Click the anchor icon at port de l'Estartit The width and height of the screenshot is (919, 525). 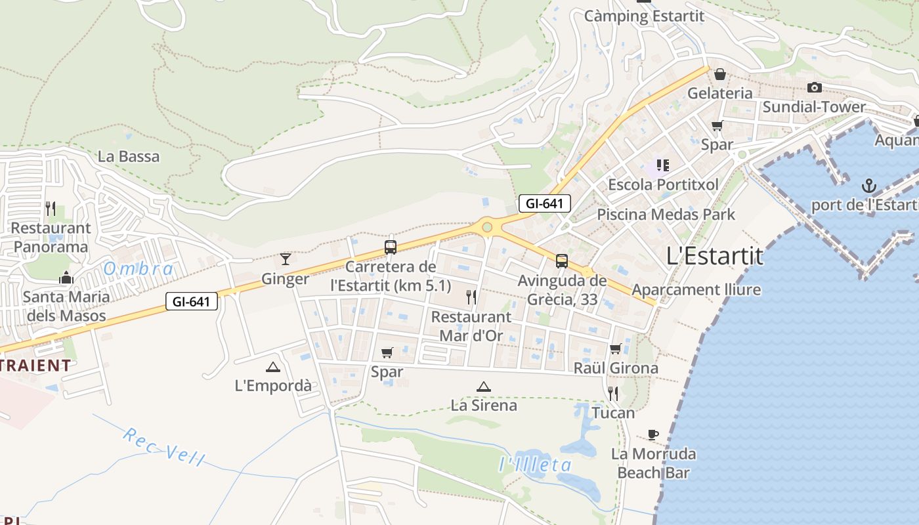(x=869, y=186)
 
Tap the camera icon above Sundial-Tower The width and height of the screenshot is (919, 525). (x=814, y=87)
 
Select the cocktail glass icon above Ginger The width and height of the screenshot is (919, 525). (x=286, y=259)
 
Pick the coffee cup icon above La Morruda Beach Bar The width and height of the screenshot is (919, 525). (x=652, y=434)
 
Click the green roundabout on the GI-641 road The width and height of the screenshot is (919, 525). (x=487, y=227)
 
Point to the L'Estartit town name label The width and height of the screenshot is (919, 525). (x=715, y=256)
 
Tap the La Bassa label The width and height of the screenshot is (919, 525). (x=129, y=156)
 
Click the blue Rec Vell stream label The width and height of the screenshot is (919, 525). (x=163, y=447)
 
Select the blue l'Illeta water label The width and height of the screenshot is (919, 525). (x=535, y=465)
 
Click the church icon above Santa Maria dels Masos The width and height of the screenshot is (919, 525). (x=66, y=278)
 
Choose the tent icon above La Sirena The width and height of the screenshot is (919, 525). (x=484, y=387)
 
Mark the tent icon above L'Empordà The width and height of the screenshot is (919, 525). (x=273, y=367)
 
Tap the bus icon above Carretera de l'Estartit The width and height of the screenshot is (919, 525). (x=391, y=247)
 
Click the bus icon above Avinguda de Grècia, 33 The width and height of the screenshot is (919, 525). (x=562, y=261)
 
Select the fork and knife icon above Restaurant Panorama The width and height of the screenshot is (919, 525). (x=51, y=209)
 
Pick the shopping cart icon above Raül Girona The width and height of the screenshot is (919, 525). (x=616, y=348)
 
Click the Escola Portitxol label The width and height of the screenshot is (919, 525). (x=663, y=184)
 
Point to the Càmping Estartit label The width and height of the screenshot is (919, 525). (x=643, y=16)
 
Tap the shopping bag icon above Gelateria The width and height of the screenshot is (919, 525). (x=720, y=74)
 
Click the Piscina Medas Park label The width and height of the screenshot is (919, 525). (x=666, y=215)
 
